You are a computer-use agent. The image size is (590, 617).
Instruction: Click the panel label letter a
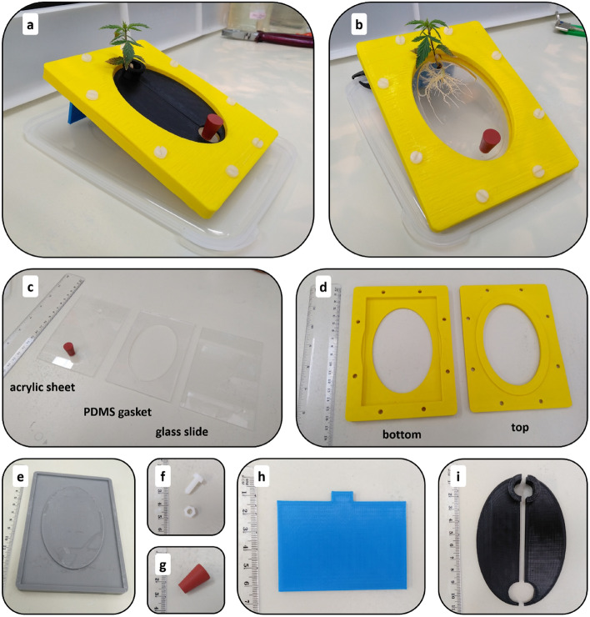click(x=30, y=26)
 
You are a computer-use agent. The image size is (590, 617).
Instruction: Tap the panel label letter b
click(x=358, y=25)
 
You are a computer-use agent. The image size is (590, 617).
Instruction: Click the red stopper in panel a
click(x=212, y=126)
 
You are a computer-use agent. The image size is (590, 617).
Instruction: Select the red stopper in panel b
click(x=489, y=140)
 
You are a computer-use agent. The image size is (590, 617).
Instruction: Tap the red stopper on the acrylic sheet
click(x=69, y=349)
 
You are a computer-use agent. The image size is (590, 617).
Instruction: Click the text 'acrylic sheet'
click(x=42, y=387)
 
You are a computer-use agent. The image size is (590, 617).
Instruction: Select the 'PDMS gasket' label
click(x=117, y=412)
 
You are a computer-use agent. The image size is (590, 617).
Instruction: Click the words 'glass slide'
click(x=182, y=432)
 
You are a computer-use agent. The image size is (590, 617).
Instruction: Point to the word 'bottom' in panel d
click(x=402, y=434)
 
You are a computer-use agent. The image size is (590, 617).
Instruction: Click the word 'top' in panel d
click(x=520, y=428)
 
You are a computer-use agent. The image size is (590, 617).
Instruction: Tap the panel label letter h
click(x=260, y=477)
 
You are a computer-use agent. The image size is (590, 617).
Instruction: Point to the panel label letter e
click(x=20, y=477)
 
